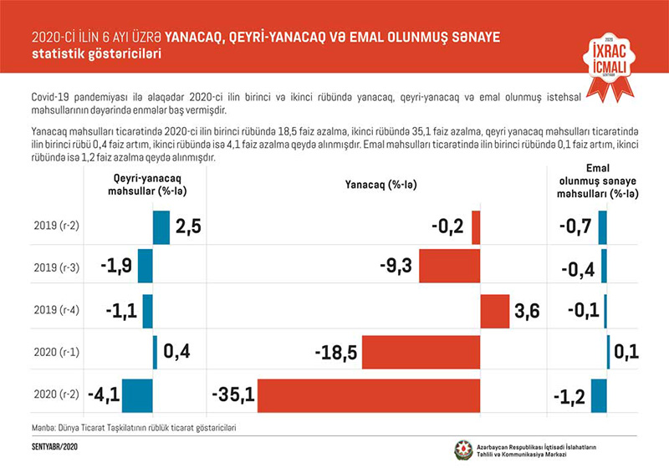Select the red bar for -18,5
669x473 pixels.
click(421, 353)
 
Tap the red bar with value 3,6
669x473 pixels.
click(495, 311)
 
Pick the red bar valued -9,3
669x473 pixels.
click(449, 267)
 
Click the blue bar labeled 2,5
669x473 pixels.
click(161, 227)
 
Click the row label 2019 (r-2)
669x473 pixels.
click(56, 226)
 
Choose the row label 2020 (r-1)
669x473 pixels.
click(56, 353)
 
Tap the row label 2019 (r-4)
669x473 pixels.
click(56, 311)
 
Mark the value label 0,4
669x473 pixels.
click(177, 353)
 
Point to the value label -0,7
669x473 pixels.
click(576, 226)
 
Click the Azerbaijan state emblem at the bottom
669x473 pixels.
click(462, 450)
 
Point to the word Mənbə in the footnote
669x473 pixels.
click(44, 428)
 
